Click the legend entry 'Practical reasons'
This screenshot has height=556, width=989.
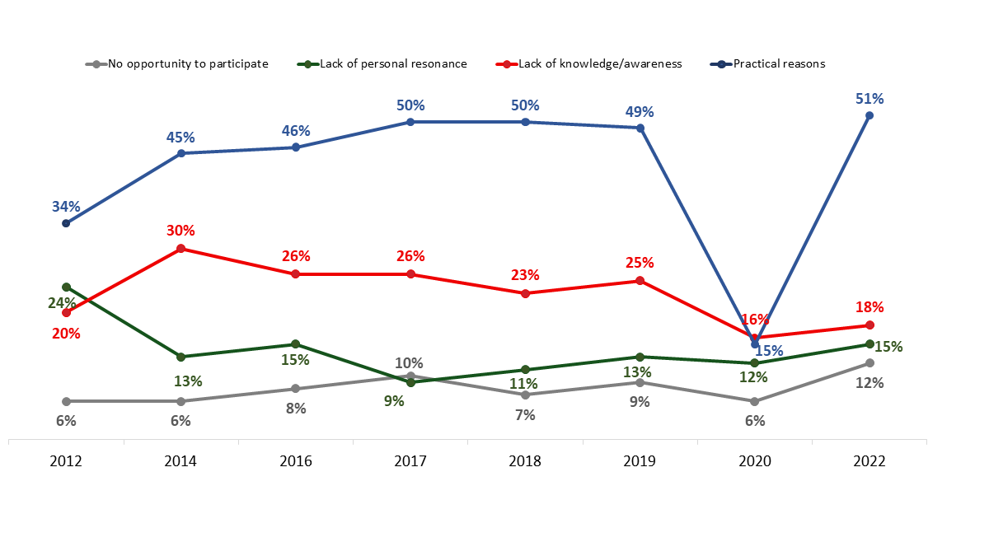[779, 63]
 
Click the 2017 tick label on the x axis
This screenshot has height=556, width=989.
[410, 461]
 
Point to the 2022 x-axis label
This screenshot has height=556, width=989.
[869, 461]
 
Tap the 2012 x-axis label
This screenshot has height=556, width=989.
[66, 461]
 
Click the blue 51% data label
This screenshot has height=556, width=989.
[869, 99]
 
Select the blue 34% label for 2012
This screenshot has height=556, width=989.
[66, 206]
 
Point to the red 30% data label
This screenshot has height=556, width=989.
[180, 231]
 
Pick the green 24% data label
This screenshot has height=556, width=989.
[62, 303]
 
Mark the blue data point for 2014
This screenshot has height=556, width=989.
[180, 153]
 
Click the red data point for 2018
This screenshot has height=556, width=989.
[525, 293]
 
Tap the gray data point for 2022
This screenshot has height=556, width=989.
[869, 363]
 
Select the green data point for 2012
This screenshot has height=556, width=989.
[66, 287]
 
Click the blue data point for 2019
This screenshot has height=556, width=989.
[640, 128]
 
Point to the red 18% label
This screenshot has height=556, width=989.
[869, 307]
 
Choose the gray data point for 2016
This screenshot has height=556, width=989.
[296, 389]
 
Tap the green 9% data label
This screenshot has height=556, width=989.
[394, 401]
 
